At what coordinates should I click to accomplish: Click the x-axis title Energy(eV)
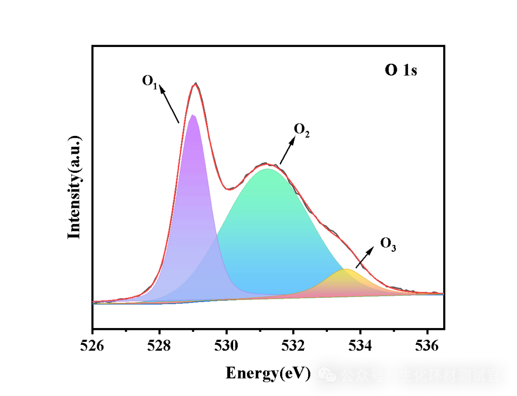coord(268,373)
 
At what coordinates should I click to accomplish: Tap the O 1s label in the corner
coord(401,70)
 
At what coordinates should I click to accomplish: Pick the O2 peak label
coord(302,130)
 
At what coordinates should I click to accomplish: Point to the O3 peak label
coord(388,244)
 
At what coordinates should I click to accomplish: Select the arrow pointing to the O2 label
coord(287,150)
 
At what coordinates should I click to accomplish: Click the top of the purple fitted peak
coord(192,115)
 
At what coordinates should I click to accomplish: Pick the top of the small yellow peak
coord(345,270)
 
